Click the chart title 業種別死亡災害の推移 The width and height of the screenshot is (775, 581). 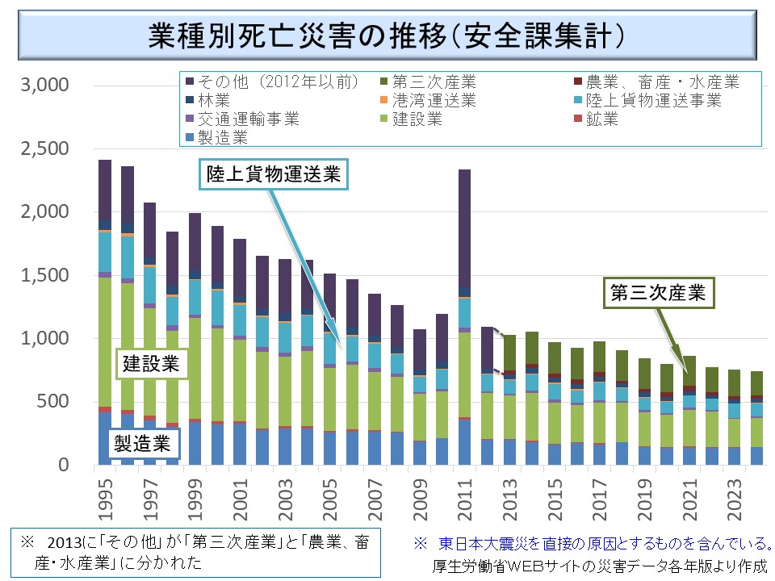point(387,35)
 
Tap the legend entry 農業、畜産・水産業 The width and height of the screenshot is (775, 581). point(662,82)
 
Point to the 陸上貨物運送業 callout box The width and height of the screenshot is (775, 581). point(274,173)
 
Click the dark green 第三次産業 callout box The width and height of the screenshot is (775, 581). point(659,295)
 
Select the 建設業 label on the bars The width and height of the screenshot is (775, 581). point(152,363)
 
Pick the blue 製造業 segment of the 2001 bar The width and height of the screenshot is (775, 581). point(240,444)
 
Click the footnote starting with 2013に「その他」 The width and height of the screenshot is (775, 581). point(193,551)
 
